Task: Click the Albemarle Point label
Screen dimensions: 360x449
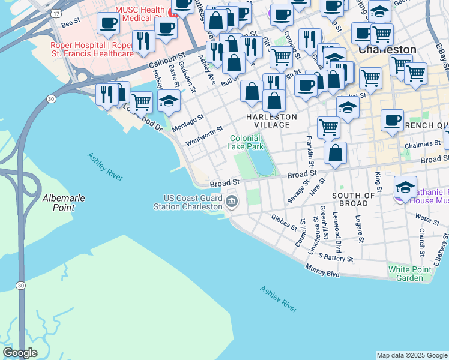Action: [x=58, y=202]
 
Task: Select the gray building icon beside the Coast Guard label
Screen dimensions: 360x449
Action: [x=232, y=202]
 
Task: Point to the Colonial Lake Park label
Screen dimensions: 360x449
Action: [x=246, y=142]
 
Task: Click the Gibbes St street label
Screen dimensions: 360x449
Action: [x=284, y=223]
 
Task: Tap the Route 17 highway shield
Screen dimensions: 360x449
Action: [x=56, y=13]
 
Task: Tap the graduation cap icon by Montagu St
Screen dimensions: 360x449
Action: [x=169, y=101]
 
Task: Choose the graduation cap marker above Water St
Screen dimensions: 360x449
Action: [x=405, y=187]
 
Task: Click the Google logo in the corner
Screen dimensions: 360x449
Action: [x=20, y=353]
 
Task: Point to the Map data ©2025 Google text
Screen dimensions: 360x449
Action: [x=412, y=355]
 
